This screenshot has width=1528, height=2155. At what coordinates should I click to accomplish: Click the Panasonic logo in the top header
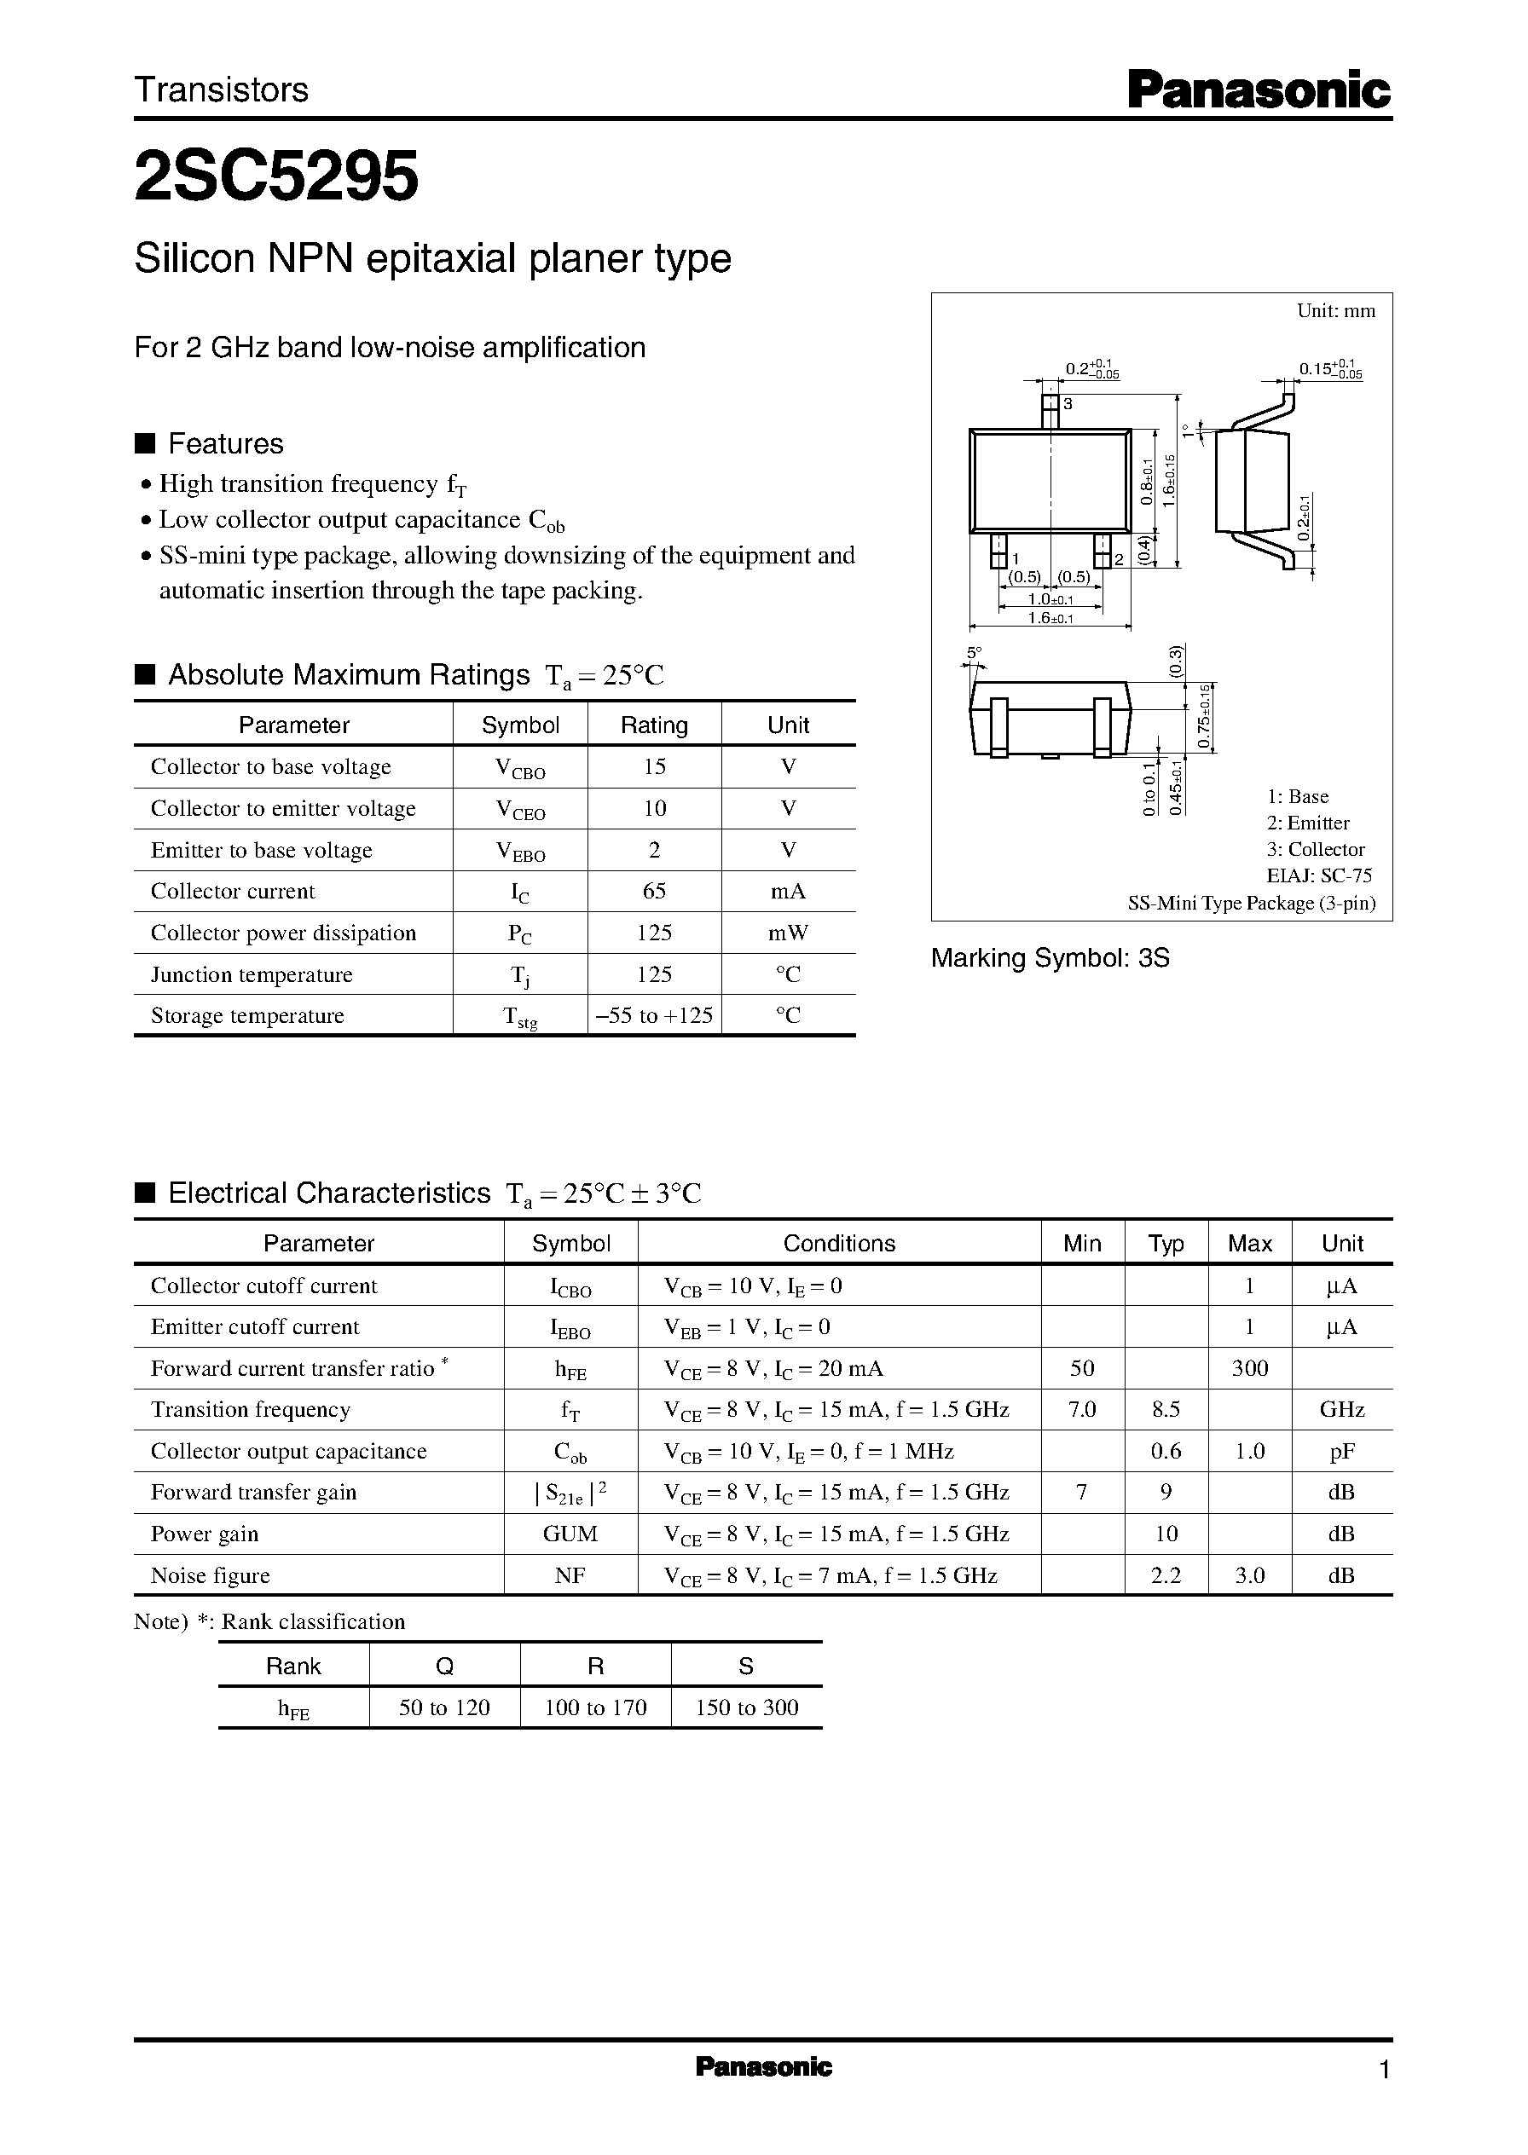[1258, 91]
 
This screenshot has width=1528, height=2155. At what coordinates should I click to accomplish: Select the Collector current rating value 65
[654, 891]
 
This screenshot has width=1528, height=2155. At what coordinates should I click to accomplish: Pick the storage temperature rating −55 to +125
[654, 1016]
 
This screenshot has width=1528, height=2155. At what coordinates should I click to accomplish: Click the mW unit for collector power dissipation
[788, 933]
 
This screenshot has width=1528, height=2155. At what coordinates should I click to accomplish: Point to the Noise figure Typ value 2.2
[1165, 1575]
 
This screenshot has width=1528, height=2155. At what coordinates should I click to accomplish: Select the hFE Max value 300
[1248, 1369]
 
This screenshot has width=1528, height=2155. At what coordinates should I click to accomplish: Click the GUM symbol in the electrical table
[570, 1534]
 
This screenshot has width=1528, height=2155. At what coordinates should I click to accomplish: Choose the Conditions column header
[838, 1244]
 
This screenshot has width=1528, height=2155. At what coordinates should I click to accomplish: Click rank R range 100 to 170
[595, 1707]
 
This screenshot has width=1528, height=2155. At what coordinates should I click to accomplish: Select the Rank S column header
[745, 1666]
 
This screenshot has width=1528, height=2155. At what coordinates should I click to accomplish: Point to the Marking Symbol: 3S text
[1049, 958]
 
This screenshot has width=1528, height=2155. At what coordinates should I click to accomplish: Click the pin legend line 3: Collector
[1315, 849]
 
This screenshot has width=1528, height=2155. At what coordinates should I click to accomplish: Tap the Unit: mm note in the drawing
[1335, 311]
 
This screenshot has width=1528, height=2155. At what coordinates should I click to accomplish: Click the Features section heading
[225, 444]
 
